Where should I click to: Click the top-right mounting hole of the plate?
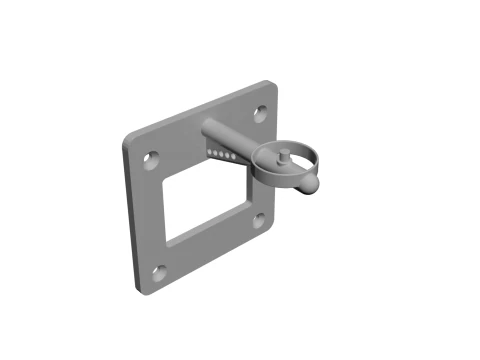(x=260, y=113)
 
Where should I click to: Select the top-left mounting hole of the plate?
(x=150, y=158)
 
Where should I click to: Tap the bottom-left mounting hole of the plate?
(x=156, y=271)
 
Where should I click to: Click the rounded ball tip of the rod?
(x=311, y=183)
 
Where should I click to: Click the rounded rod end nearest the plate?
(x=207, y=128)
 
